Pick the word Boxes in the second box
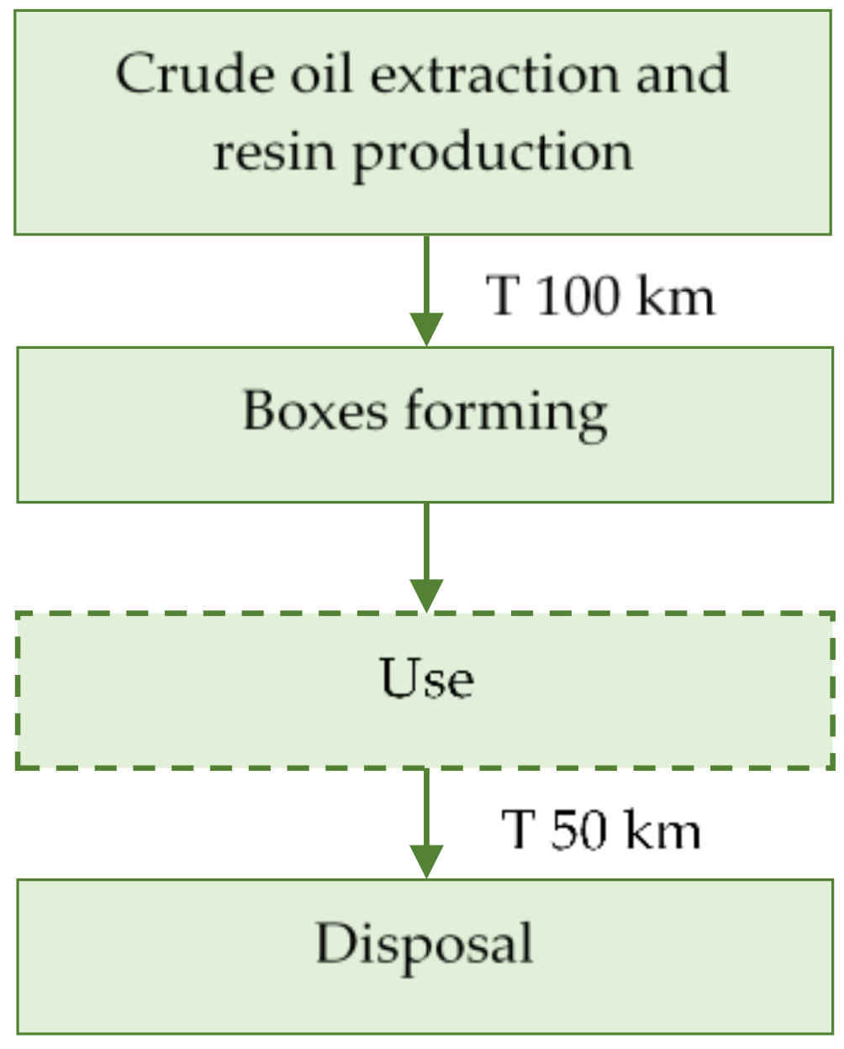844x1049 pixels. (x=315, y=411)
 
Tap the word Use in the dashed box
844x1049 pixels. (x=426, y=678)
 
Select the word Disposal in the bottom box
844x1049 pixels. (x=425, y=944)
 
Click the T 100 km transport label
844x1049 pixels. (x=600, y=296)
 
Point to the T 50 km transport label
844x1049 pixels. (x=600, y=830)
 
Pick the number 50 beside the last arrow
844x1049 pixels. (x=578, y=830)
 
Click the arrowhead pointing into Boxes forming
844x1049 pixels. (x=426, y=329)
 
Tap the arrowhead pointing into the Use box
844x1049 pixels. (x=426, y=595)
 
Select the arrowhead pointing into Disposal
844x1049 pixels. (x=426, y=861)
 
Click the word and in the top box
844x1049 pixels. (x=682, y=74)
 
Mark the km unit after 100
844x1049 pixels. (x=676, y=296)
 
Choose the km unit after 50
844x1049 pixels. (x=663, y=830)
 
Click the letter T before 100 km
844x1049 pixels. (x=503, y=296)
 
